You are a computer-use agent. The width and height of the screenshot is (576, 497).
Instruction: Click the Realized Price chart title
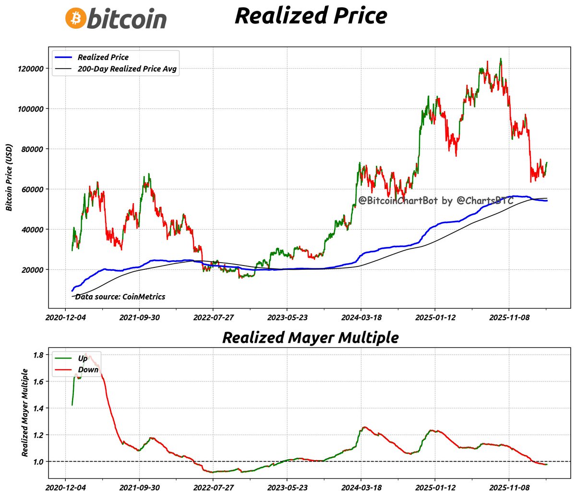311,15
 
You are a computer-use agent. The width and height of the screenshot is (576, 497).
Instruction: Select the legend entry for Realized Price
103,57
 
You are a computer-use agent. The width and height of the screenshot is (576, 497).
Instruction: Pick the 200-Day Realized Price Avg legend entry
127,69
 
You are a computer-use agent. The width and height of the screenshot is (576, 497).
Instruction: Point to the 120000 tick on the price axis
31,69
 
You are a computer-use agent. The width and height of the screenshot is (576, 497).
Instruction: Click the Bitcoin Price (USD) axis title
9,178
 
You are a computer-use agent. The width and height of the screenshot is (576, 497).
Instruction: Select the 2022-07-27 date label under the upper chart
213,317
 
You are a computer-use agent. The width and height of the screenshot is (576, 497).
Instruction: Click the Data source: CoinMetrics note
120,297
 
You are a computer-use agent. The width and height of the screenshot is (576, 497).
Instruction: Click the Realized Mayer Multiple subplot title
310,337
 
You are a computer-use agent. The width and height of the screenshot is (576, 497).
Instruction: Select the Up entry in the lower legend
83,358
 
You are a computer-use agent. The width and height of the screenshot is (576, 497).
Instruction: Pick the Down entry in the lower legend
88,370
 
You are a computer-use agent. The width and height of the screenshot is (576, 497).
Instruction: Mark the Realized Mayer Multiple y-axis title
25,412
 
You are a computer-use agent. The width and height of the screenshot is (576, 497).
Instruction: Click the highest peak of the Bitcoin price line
501,59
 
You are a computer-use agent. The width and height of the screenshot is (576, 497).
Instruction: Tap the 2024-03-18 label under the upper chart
361,317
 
